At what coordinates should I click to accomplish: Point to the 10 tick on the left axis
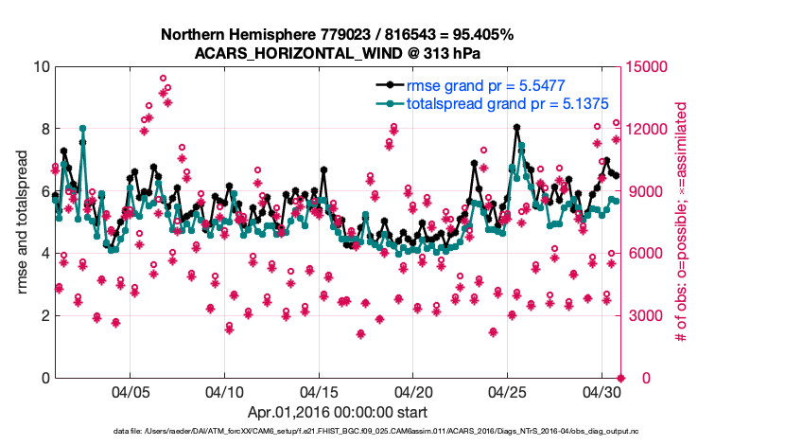[41, 67]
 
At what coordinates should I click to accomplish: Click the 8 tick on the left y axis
[44, 129]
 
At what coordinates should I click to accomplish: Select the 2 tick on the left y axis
[44, 315]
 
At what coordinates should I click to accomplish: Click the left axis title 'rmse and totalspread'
[23, 222]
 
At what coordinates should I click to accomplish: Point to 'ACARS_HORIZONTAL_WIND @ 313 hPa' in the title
[337, 53]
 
